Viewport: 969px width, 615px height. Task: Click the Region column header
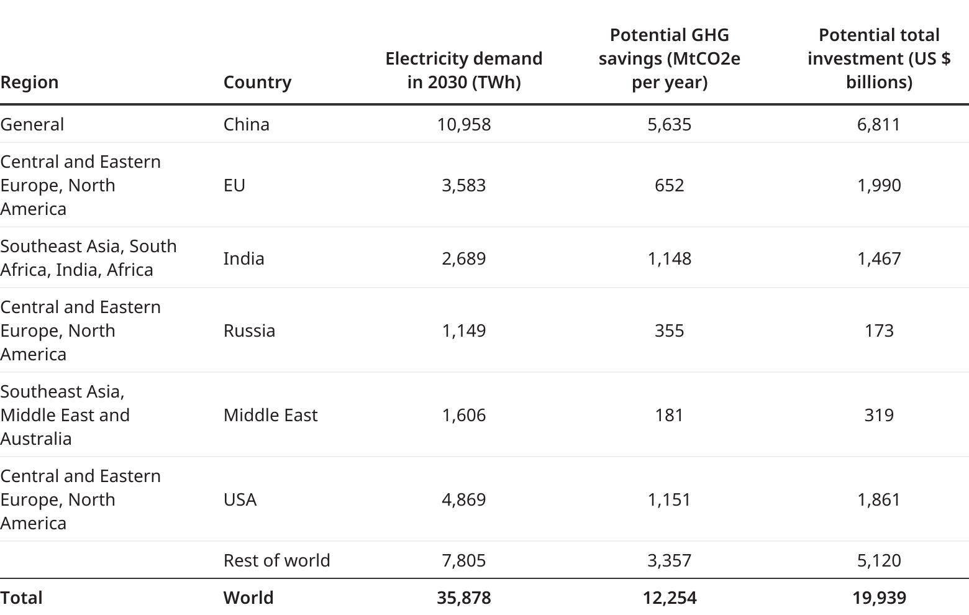29,82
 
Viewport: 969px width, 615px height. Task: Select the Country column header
257,82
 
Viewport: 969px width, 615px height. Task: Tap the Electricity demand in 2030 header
463,70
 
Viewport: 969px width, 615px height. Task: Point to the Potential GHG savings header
669,58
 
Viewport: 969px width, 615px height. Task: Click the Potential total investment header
878,58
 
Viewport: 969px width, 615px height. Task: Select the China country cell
246,124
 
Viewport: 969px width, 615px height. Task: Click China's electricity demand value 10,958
463,124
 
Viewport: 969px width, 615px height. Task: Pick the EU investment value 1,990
878,185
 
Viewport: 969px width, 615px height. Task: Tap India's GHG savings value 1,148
669,258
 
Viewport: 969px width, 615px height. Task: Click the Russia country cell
249,330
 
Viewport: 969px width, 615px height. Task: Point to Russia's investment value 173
878,330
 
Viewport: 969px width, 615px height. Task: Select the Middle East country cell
270,415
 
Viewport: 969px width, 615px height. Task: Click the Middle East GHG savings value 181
669,415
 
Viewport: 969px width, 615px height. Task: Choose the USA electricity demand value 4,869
463,499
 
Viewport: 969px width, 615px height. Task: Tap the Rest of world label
276,560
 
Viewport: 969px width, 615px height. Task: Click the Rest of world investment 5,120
878,560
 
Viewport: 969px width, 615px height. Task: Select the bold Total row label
22,598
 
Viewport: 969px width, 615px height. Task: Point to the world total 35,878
463,598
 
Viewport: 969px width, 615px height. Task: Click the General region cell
32,124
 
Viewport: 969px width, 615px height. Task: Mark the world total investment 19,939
878,598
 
